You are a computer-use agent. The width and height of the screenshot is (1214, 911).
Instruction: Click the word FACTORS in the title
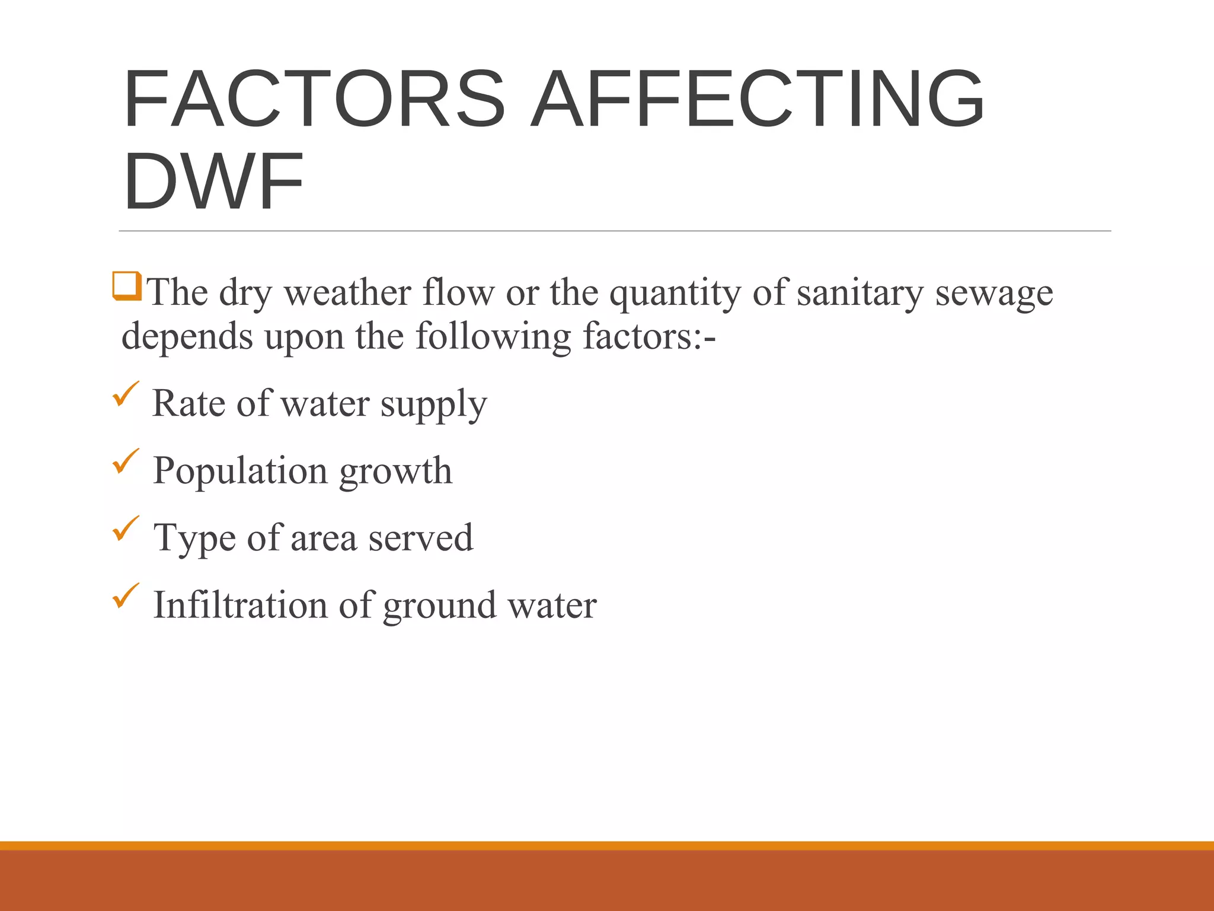[314, 99]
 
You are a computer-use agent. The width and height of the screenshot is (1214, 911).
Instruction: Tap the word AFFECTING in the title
[757, 99]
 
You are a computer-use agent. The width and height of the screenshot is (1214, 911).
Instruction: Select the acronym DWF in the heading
[213, 181]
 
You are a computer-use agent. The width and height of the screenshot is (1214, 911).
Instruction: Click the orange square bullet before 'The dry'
[127, 286]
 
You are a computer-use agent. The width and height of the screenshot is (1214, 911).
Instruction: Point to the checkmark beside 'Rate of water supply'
[126, 394]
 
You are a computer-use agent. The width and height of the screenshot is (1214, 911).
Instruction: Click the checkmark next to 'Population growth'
[126, 461]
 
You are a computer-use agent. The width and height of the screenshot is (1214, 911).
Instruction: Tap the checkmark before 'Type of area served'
[126, 528]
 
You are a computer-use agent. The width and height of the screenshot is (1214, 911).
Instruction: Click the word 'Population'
[240, 471]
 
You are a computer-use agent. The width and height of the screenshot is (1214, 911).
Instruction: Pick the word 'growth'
[395, 471]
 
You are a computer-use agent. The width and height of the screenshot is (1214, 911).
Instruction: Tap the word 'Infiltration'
[240, 605]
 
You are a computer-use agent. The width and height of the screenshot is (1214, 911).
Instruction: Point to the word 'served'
[420, 538]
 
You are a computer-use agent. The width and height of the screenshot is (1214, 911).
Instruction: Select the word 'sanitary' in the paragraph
[860, 293]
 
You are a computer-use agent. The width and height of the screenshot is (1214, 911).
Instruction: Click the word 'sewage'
[994, 293]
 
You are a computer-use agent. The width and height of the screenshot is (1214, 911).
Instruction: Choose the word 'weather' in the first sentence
[347, 293]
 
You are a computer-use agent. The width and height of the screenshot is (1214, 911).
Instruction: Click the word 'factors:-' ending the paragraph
[649, 336]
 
